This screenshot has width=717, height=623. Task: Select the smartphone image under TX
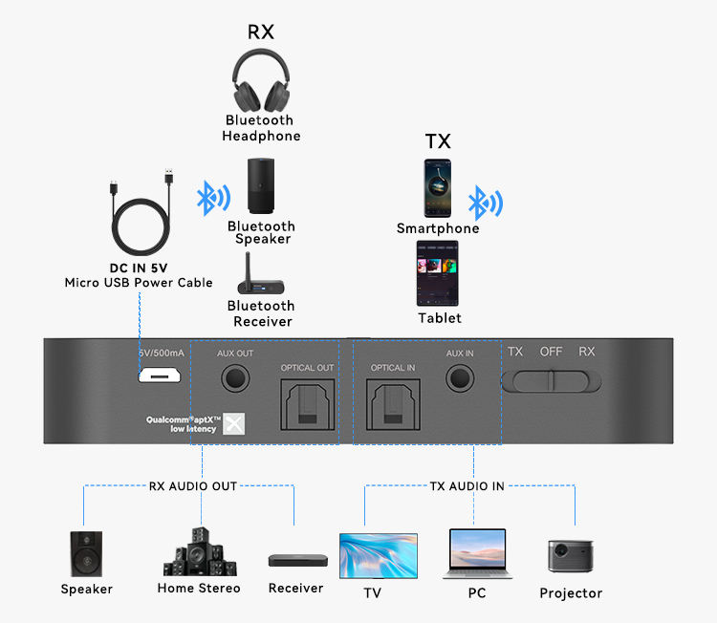tap(438, 188)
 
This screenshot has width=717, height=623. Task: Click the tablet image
tap(438, 273)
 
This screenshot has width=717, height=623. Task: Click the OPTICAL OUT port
tap(306, 404)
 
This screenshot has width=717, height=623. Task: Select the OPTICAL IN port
tap(393, 404)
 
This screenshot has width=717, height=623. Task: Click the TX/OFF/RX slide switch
tap(553, 379)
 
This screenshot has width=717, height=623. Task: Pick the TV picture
tap(379, 555)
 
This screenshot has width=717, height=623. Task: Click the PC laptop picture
tap(477, 554)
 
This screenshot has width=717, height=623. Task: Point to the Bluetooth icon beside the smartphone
tap(485, 204)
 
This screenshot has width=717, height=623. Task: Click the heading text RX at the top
tap(261, 32)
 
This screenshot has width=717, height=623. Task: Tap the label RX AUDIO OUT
tap(193, 486)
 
